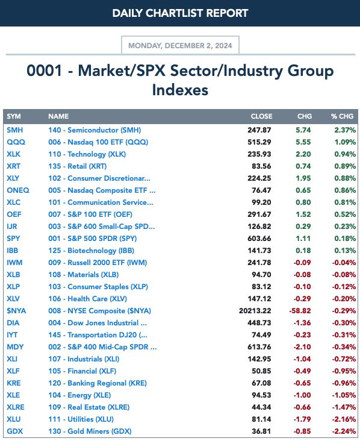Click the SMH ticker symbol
tap(15, 130)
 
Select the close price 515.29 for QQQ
tap(259, 142)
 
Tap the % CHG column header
tap(342, 116)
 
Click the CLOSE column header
tap(261, 116)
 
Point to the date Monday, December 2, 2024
tap(180, 46)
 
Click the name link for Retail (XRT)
tap(77, 166)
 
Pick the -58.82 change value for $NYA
tap(300, 311)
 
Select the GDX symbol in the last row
tap(14, 431)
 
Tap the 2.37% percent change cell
tap(345, 130)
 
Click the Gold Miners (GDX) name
tap(90, 431)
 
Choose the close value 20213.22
tap(255, 311)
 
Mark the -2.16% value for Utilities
tap(344, 419)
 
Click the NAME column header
tap(58, 116)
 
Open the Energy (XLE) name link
tap(79, 395)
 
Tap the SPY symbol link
tap(13, 239)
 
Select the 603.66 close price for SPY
tap(259, 239)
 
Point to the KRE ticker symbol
tap(13, 383)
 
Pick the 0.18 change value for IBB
tap(303, 251)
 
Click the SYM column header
tap(13, 116)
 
